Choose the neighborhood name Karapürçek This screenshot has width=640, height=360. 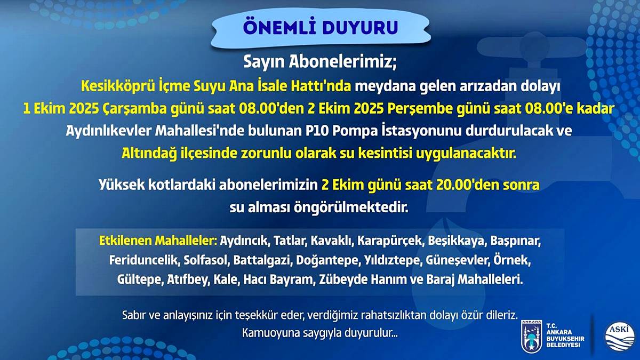pyautogui.click(x=390, y=241)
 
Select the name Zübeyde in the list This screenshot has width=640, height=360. pyautogui.click(x=342, y=279)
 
